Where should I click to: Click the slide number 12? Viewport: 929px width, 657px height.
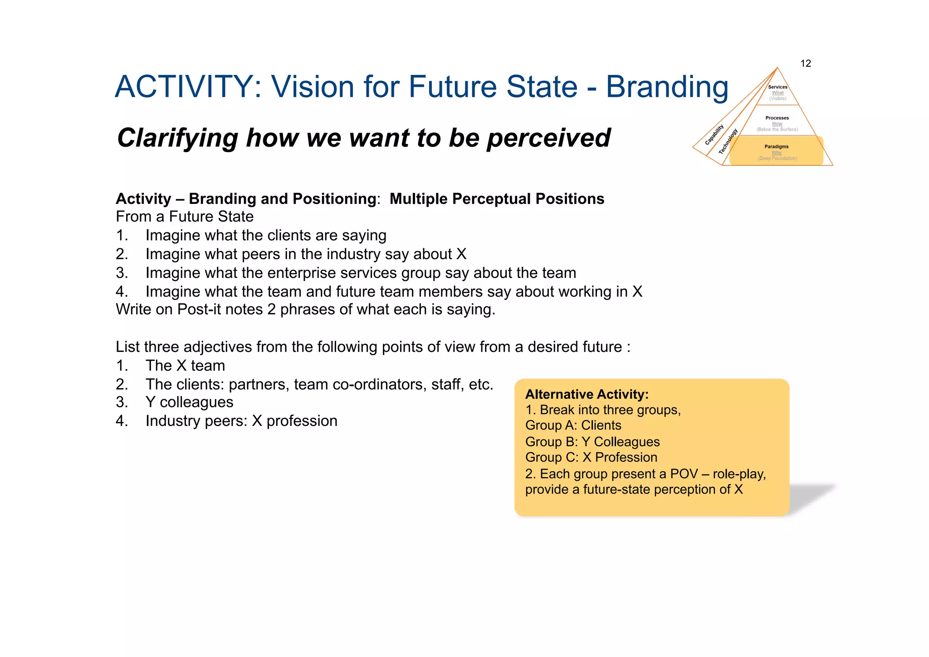(x=806, y=64)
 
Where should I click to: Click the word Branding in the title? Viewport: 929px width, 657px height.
(x=667, y=87)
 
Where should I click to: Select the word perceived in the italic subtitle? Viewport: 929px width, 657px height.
(x=549, y=138)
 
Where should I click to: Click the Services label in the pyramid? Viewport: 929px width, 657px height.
(x=777, y=87)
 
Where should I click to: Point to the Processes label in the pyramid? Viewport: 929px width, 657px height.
(x=777, y=118)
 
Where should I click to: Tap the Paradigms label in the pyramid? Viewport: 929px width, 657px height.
(x=776, y=147)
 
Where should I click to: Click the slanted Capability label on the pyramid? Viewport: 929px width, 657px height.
(x=714, y=135)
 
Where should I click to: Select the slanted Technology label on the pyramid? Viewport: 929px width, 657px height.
(x=728, y=142)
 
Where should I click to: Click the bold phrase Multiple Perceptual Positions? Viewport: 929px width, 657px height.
(x=497, y=199)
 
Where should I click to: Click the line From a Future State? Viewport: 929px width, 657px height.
(x=185, y=217)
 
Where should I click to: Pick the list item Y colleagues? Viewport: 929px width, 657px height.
(x=189, y=402)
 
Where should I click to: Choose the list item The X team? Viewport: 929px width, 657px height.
(x=185, y=366)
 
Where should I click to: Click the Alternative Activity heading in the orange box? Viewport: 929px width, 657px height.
(x=587, y=394)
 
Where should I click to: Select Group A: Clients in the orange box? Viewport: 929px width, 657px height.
(x=573, y=425)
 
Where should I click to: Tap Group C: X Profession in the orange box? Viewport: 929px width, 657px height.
(x=591, y=457)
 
